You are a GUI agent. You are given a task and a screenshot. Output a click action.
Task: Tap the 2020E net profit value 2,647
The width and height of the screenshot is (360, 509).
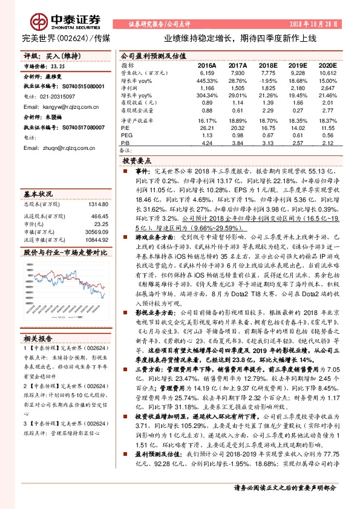tap(327, 88)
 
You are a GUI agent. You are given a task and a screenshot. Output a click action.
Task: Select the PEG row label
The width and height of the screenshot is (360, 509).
tap(126, 136)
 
